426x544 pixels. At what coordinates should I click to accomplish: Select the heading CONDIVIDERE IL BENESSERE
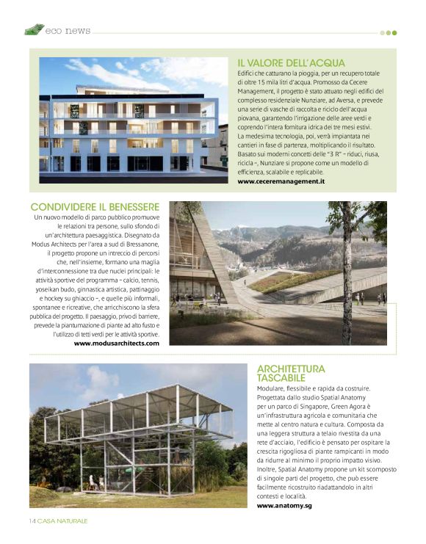click(95, 208)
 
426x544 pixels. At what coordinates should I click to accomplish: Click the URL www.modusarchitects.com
click(116, 343)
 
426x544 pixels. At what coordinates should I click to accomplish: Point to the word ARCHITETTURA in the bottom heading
click(291, 369)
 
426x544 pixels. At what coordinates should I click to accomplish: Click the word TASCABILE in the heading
click(280, 377)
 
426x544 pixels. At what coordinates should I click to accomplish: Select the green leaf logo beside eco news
click(34, 29)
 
